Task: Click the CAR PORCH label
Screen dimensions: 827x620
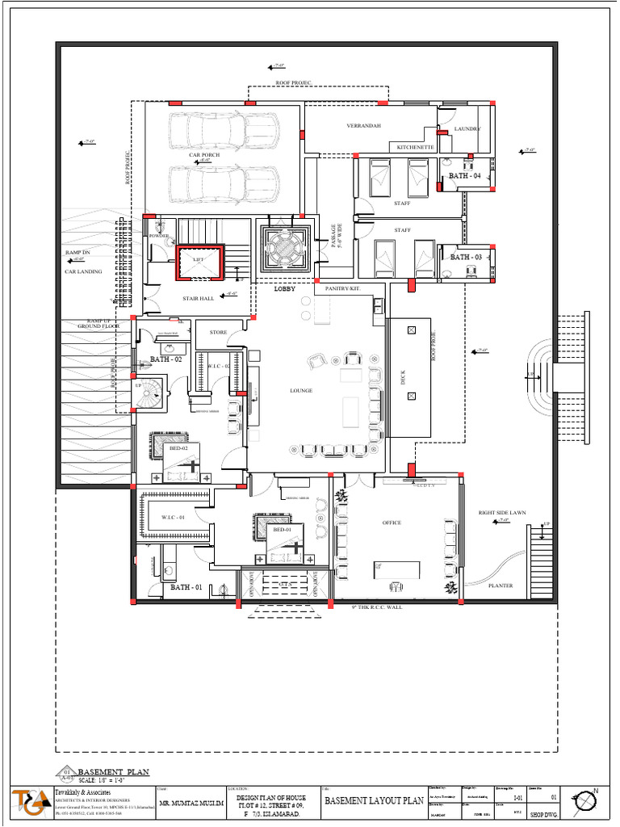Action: pyautogui.click(x=204, y=155)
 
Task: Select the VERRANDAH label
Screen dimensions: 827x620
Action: pyautogui.click(x=363, y=126)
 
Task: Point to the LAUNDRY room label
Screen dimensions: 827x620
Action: pyautogui.click(x=467, y=129)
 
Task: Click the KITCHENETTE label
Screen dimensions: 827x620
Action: pyautogui.click(x=416, y=148)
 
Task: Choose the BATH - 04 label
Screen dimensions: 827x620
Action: pyautogui.click(x=464, y=176)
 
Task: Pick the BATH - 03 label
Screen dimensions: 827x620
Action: pyautogui.click(x=466, y=257)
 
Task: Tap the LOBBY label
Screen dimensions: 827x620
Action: pyautogui.click(x=285, y=288)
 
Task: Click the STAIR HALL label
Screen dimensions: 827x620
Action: pyautogui.click(x=198, y=298)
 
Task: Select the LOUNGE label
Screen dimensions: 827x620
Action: pyautogui.click(x=301, y=391)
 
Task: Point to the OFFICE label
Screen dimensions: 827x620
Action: pyautogui.click(x=392, y=523)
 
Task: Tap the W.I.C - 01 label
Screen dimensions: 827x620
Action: pyautogui.click(x=173, y=517)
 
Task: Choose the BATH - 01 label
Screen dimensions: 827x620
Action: pyautogui.click(x=186, y=587)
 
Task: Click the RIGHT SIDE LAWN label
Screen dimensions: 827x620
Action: pyautogui.click(x=502, y=512)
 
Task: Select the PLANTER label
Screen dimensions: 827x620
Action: pyautogui.click(x=501, y=586)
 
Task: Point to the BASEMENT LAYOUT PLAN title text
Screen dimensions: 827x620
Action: pyautogui.click(x=374, y=800)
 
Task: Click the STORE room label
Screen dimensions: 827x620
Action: pyautogui.click(x=218, y=332)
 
